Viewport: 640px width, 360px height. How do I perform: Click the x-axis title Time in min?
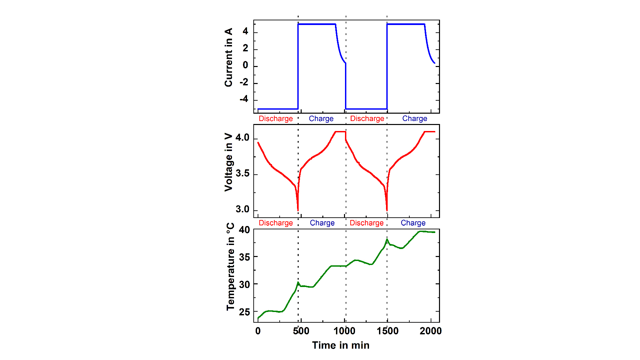[341, 345]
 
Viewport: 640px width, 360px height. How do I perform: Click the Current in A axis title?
[228, 57]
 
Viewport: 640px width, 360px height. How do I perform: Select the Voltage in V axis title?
[228, 162]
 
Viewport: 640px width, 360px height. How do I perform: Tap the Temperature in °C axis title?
[230, 267]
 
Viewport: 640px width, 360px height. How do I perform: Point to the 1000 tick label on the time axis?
[344, 331]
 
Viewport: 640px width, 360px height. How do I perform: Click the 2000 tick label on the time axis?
[430, 331]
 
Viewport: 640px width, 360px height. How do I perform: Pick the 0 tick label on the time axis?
[258, 331]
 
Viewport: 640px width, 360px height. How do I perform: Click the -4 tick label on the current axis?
[244, 99]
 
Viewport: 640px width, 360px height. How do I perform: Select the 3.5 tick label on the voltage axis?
[242, 174]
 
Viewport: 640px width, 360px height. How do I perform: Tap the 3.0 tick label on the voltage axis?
[242, 209]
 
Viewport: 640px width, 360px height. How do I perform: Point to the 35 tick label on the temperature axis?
[244, 257]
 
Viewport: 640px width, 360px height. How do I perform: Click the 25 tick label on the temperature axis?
[244, 312]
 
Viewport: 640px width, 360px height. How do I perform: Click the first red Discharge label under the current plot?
[276, 119]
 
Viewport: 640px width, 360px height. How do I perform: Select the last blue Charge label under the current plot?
[414, 119]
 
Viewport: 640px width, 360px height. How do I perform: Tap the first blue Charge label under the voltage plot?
[322, 223]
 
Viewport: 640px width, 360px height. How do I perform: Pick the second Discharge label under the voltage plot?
[366, 223]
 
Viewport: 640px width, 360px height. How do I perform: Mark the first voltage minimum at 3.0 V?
[298, 210]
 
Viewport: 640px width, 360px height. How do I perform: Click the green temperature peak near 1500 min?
[387, 239]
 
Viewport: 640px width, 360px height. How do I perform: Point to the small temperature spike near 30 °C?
[298, 282]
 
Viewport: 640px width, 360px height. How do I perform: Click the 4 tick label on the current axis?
[245, 32]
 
